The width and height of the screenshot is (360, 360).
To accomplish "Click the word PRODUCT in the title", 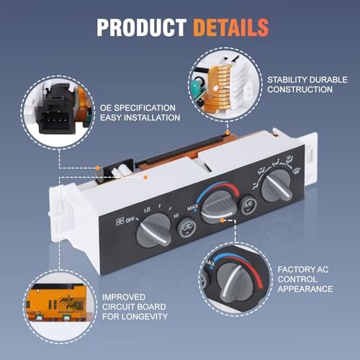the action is point(142,27).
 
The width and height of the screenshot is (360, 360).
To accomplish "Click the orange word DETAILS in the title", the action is point(231,27).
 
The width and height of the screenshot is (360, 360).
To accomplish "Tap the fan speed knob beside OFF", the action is point(154,230).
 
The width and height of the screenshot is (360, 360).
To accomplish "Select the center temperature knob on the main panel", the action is point(217,207).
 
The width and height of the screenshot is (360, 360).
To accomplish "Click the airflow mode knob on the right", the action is point(276,185).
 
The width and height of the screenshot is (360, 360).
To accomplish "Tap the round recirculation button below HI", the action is point(186,228).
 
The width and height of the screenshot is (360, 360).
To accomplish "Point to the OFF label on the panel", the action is point(131,220).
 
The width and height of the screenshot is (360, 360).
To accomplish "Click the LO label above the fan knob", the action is point(147,210).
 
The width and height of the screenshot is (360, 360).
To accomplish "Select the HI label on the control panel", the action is point(176,216).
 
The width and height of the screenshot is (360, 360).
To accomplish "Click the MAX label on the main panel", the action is point(193,207).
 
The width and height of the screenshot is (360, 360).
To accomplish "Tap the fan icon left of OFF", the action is point(120,222).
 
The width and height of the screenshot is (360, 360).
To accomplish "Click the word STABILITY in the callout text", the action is point(287,80).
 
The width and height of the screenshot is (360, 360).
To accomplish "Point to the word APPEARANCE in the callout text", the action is point(305,289).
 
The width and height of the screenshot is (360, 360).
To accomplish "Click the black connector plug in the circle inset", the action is point(57,113).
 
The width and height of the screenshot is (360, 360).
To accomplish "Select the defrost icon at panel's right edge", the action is point(297,171).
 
